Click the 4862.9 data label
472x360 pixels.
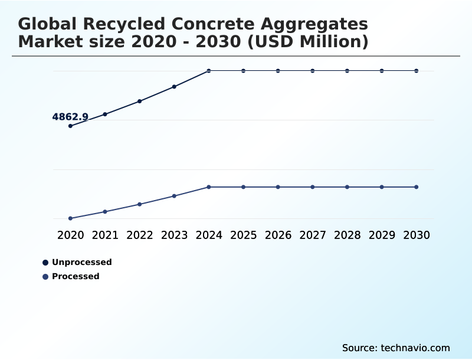pos(70,117)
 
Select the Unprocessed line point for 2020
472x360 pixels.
pos(70,126)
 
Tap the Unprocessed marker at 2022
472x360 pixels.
pos(140,102)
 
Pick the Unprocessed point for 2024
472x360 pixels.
pos(209,71)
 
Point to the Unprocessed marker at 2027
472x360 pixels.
pos(313,71)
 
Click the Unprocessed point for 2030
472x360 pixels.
pos(417,71)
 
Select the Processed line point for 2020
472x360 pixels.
pos(70,218)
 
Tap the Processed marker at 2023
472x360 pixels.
pos(174,196)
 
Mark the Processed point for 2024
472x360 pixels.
pos(209,187)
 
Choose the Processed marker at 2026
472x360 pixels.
pos(278,187)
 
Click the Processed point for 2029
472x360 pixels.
pos(382,187)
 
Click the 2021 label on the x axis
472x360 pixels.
pos(105,235)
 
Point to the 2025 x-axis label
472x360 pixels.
pos(243,235)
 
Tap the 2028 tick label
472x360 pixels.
pos(347,235)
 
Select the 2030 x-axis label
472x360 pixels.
pos(417,235)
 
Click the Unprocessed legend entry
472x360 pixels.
pos(81,262)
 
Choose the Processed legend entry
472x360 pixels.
pos(76,276)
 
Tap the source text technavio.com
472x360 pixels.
pos(416,348)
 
